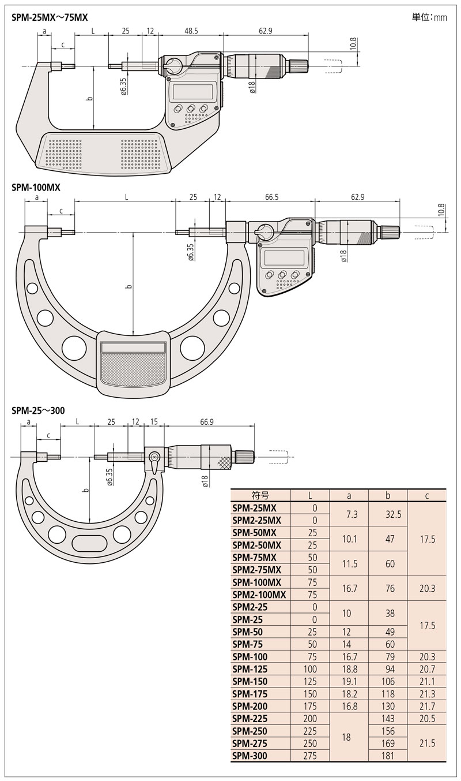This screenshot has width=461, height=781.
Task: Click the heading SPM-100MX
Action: pyautogui.click(x=36, y=188)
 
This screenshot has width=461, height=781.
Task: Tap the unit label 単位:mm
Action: pyautogui.click(x=429, y=17)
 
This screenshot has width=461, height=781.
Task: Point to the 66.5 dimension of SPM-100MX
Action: pyautogui.click(x=272, y=197)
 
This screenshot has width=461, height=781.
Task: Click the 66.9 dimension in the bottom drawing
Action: pyautogui.click(x=207, y=422)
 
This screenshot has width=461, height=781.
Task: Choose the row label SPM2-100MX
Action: pyautogui.click(x=259, y=594)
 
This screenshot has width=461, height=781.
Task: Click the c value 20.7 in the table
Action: pyautogui.click(x=427, y=668)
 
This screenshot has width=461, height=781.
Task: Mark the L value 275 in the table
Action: pyautogui.click(x=311, y=755)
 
